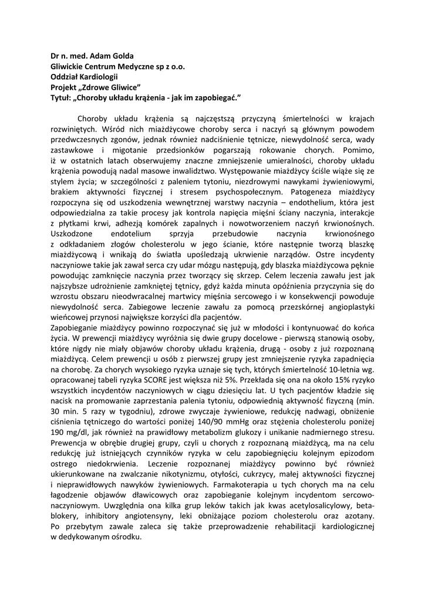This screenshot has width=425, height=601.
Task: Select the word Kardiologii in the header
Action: point(97,76)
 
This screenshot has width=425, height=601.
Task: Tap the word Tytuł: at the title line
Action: point(60,96)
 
